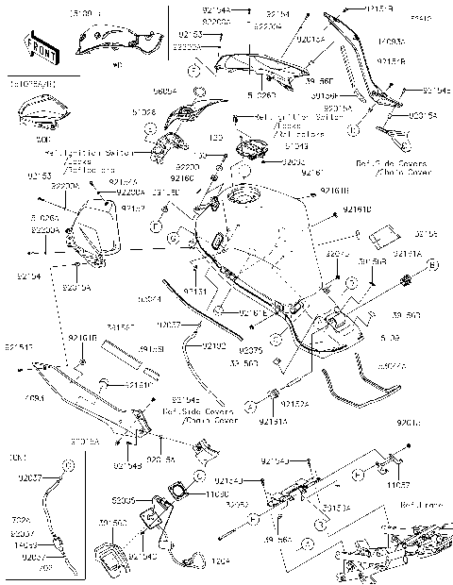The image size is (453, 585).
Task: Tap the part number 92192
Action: [213, 345]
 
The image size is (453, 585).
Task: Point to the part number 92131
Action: [195, 292]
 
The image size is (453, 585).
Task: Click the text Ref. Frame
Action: [414, 506]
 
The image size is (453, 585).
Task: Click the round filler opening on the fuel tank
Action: [234, 200]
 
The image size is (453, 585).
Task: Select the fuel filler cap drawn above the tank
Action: [249, 147]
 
